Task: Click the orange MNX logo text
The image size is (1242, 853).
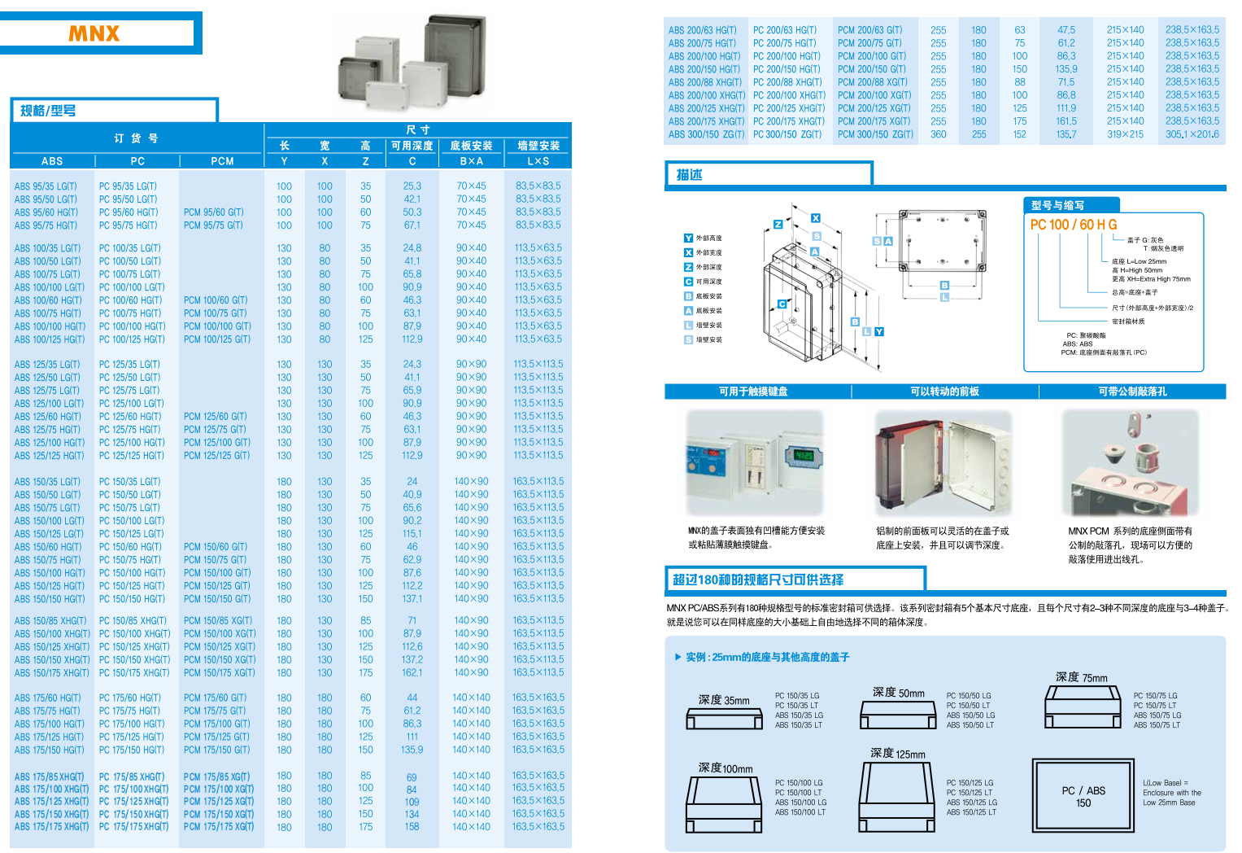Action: pos(94,33)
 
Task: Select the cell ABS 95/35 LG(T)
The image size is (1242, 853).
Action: pos(46,186)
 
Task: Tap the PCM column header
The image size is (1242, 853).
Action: pos(222,161)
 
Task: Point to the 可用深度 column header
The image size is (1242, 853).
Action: pos(412,146)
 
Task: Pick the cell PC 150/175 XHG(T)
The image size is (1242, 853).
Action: pos(134,673)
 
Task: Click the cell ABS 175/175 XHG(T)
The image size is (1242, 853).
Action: pos(51,827)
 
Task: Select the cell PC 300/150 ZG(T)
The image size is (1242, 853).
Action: pos(787,134)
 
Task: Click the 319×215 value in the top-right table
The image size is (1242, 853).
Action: pos(1125,134)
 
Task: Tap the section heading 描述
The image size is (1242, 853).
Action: pos(690,174)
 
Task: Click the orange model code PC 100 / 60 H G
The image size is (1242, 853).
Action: pos(1074,225)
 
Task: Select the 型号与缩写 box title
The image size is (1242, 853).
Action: pos(1057,205)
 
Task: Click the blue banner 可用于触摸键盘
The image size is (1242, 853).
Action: pos(753,392)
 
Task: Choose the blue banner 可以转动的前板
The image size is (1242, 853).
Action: pos(944,392)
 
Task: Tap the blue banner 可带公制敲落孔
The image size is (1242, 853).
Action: pos(1132,392)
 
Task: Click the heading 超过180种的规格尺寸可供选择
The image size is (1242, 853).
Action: pos(758,580)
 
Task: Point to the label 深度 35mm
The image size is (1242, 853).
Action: pos(724,700)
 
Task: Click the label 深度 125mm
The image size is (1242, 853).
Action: pos(897,754)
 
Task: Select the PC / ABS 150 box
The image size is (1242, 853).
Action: pos(1083,797)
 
